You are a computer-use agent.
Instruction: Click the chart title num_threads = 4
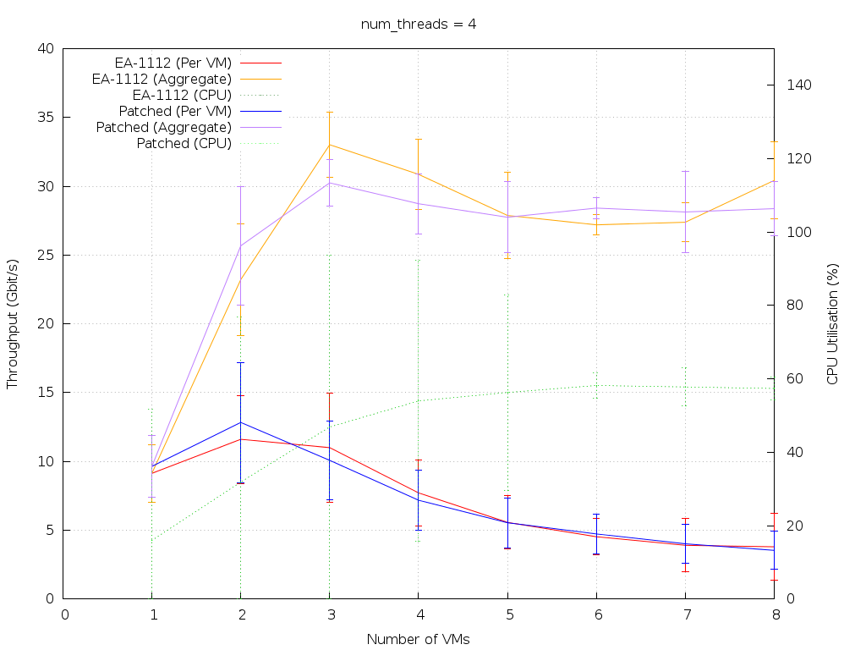pyautogui.click(x=418, y=24)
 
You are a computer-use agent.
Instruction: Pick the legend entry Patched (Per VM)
pyautogui.click(x=175, y=111)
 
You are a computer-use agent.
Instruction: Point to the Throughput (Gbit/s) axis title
pyautogui.click(x=13, y=324)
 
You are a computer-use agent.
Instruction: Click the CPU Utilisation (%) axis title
pyautogui.click(x=832, y=323)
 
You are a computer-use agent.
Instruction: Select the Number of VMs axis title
pyautogui.click(x=418, y=639)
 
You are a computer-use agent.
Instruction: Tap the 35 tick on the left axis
pyautogui.click(x=47, y=118)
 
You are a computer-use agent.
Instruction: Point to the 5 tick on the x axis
pyautogui.click(x=507, y=614)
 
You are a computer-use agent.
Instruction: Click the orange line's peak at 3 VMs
pyautogui.click(x=329, y=145)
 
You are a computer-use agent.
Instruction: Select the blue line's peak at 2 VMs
pyautogui.click(x=241, y=422)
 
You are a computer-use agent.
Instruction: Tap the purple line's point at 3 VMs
pyautogui.click(x=329, y=183)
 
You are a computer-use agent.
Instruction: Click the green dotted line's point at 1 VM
pyautogui.click(x=152, y=540)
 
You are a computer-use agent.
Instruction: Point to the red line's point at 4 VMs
pyautogui.click(x=418, y=493)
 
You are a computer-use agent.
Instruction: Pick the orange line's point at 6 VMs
pyautogui.click(x=596, y=224)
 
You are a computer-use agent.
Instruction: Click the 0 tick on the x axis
pyautogui.click(x=64, y=614)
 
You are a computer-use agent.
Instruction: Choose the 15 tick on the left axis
pyautogui.click(x=47, y=393)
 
